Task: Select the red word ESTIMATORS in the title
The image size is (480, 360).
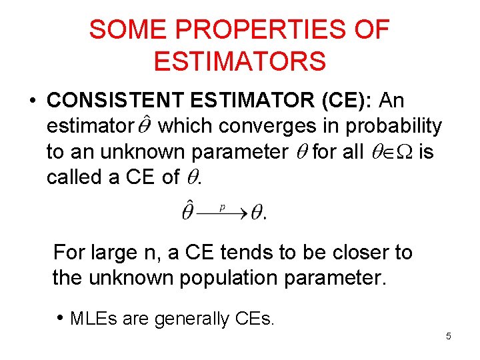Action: click(240, 61)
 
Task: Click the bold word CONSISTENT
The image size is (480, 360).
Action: click(116, 101)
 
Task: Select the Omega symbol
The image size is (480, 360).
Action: click(404, 152)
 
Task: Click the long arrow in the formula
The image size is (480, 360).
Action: click(223, 214)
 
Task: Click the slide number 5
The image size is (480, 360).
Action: click(449, 336)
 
